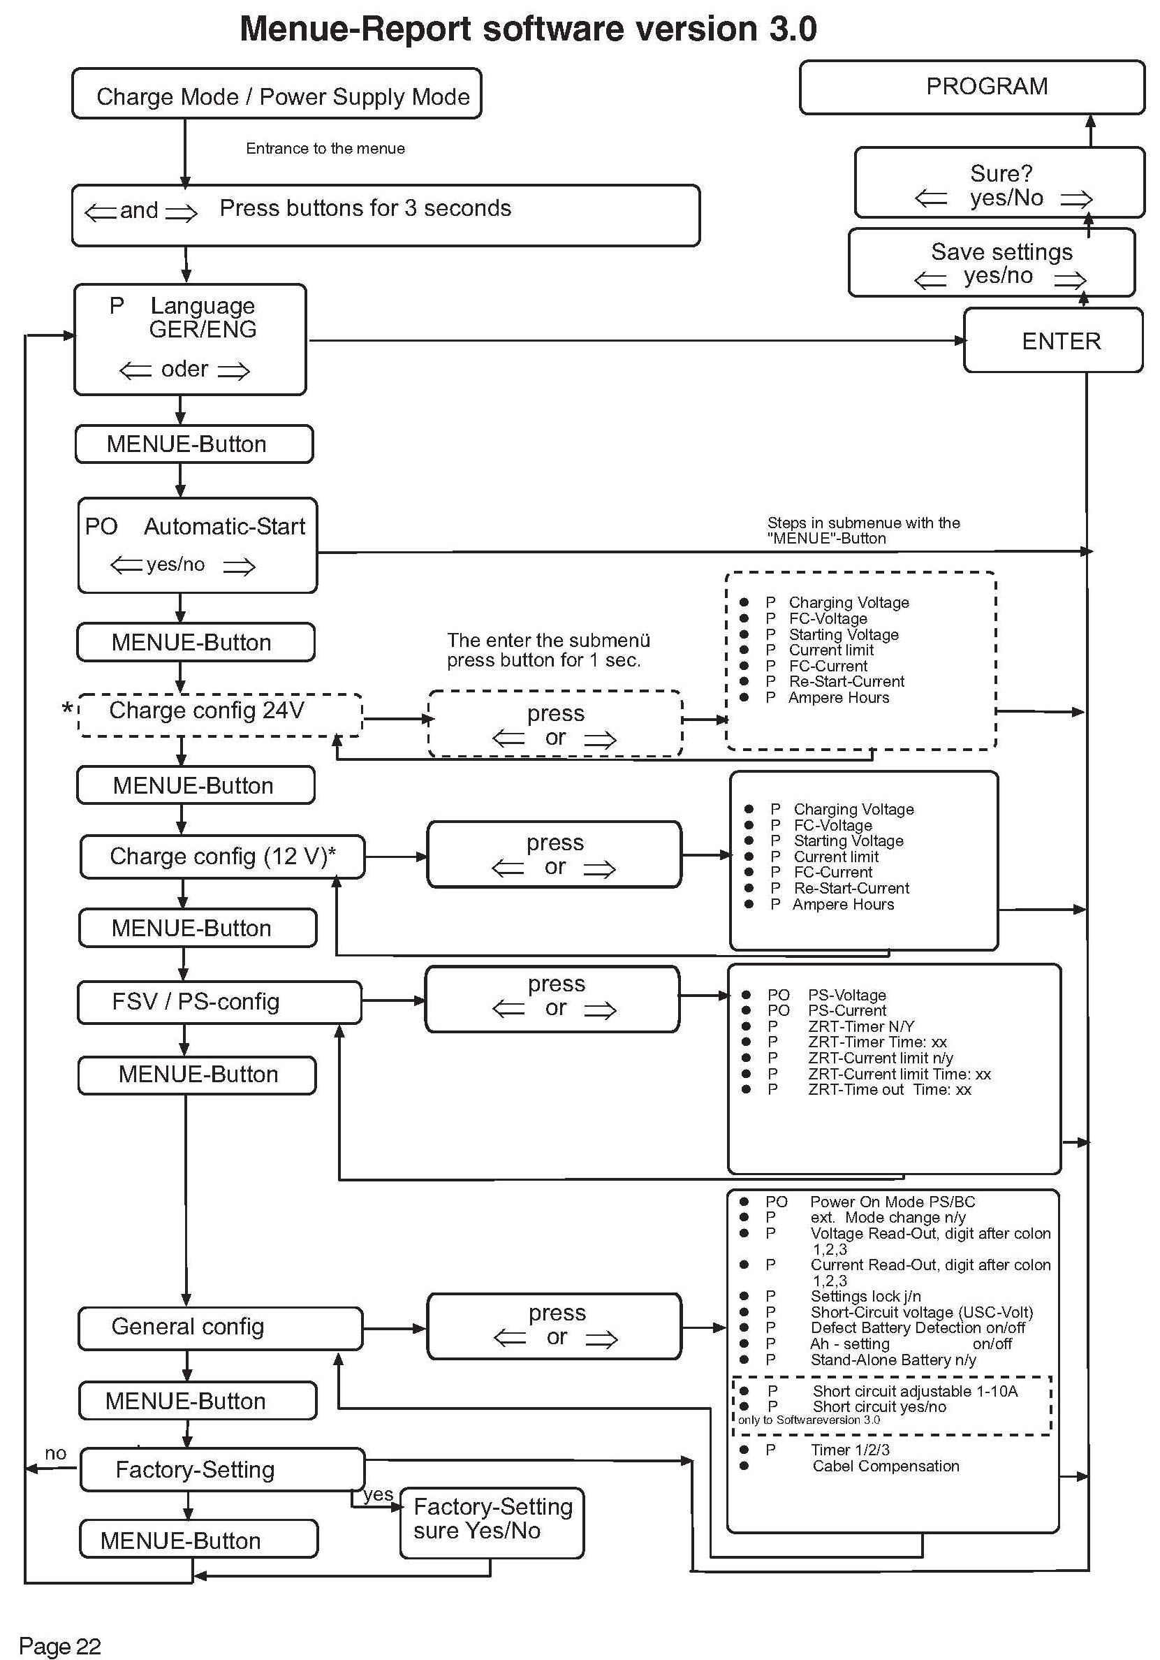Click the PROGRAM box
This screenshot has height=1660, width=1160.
tap(971, 87)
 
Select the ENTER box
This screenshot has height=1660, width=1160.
tap(1053, 340)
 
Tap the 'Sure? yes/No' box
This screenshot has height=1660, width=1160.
tap(999, 183)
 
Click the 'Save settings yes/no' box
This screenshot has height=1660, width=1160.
tap(992, 263)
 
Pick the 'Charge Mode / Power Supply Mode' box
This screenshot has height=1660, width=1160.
tap(277, 95)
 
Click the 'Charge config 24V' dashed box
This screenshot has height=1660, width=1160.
tap(220, 714)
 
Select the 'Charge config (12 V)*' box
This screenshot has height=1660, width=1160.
tap(222, 857)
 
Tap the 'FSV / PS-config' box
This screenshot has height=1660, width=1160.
tap(219, 1002)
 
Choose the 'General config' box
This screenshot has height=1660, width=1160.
tap(220, 1327)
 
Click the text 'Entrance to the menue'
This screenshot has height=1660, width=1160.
tap(325, 149)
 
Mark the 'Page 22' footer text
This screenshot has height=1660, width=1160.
tap(59, 1646)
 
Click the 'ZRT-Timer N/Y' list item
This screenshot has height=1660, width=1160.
tap(861, 1026)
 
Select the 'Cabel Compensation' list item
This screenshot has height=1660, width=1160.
tap(886, 1466)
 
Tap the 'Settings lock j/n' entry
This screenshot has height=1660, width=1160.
tap(865, 1296)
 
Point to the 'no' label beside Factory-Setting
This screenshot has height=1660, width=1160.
tap(56, 1453)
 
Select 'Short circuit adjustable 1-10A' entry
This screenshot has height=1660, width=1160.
tap(914, 1391)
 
